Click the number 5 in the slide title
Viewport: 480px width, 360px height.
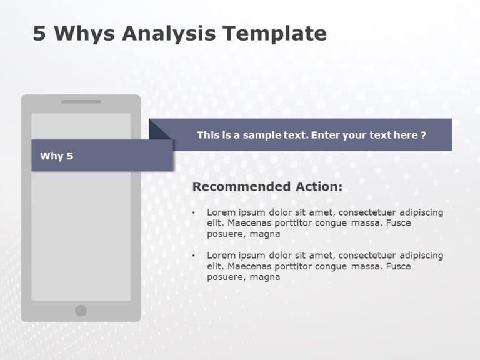pos(39,33)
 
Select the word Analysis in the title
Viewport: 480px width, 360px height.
pos(175,33)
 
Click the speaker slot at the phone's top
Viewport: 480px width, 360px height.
pos(81,101)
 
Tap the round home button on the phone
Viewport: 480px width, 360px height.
pos(81,311)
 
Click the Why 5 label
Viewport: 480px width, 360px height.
pos(57,156)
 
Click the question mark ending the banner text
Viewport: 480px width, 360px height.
pos(424,135)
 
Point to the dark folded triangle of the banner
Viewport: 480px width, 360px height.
pos(158,131)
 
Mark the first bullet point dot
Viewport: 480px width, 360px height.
pos(194,212)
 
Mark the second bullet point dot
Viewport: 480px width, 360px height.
pos(194,256)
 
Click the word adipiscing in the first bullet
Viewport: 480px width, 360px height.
pos(420,212)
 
